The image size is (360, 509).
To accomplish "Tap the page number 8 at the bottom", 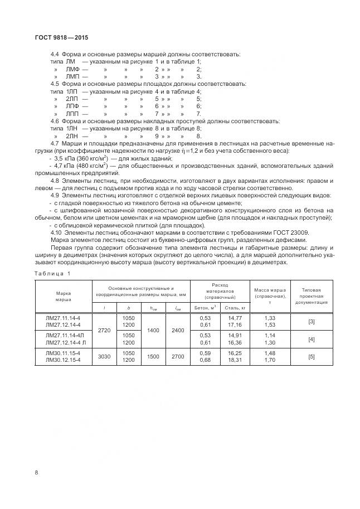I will [36, 472].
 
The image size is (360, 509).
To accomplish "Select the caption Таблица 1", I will [52, 273].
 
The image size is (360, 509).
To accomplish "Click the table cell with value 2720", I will [104, 330].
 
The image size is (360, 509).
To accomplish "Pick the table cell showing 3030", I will [104, 357].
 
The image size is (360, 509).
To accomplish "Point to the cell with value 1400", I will [153, 330].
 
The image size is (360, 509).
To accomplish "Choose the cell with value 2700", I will [178, 357].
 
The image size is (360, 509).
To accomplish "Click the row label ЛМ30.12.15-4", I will [62, 360].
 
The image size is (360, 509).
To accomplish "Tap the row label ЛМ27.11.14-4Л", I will [64, 336].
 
